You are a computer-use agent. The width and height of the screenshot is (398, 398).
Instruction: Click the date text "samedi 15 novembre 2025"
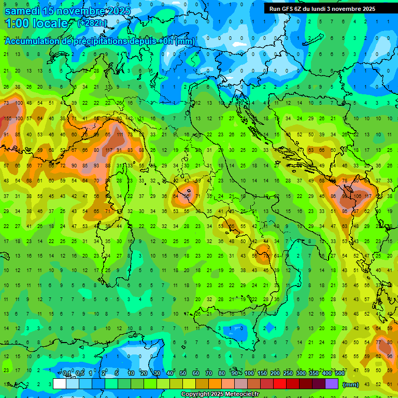tap(67, 10)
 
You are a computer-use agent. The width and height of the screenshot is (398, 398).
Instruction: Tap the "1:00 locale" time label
tap(36, 23)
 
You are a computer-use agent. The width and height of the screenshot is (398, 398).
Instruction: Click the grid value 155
tap(7, 119)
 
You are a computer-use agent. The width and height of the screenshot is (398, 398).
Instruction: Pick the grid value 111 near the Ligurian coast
tap(120, 135)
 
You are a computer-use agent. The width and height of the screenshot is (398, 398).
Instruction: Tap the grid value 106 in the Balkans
tap(357, 196)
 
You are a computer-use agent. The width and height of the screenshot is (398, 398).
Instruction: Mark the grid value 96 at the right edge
tap(390, 356)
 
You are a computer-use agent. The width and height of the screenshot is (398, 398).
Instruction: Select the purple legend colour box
tap(331, 383)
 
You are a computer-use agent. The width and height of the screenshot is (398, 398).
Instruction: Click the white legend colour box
tap(60, 383)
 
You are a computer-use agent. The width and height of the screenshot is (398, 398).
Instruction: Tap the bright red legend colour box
tap(279, 383)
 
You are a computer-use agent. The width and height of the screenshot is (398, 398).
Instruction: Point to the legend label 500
tap(339, 374)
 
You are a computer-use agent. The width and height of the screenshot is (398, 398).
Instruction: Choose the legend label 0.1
tap(67, 374)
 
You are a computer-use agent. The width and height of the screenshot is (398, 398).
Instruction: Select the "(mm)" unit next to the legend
tap(350, 385)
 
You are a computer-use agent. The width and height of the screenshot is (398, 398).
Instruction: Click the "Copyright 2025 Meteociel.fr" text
tap(220, 394)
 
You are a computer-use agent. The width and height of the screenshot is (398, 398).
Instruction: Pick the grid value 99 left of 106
tap(346, 196)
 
